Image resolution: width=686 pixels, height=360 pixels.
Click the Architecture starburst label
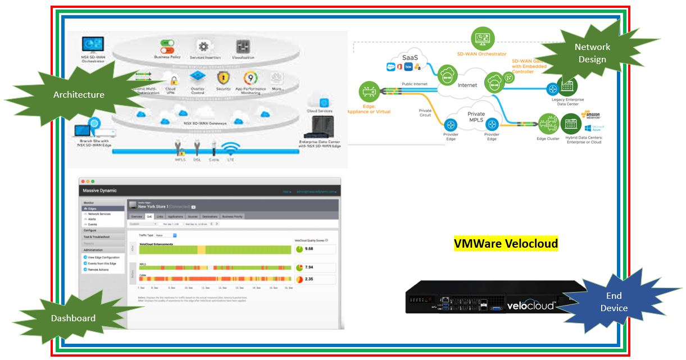79,95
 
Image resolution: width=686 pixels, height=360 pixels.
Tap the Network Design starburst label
592,53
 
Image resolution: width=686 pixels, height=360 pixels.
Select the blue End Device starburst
614,302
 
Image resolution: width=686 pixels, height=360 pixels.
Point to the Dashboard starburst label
73,318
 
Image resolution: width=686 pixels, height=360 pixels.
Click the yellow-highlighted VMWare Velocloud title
506,243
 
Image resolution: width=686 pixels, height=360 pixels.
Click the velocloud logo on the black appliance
531,305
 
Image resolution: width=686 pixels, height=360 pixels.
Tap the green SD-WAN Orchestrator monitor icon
483,39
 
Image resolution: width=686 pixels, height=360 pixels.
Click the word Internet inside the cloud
467,85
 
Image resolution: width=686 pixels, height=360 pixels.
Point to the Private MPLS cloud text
476,117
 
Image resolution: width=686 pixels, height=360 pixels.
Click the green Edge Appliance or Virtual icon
369,92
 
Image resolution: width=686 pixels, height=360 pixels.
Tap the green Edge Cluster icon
548,124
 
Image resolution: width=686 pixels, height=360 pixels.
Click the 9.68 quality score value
309,248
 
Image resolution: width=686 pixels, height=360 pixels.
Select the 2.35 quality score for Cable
309,279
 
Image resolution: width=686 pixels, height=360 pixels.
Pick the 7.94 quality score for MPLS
309,267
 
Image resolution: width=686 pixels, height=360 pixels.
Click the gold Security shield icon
224,77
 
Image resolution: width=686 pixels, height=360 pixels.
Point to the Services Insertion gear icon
203,46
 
